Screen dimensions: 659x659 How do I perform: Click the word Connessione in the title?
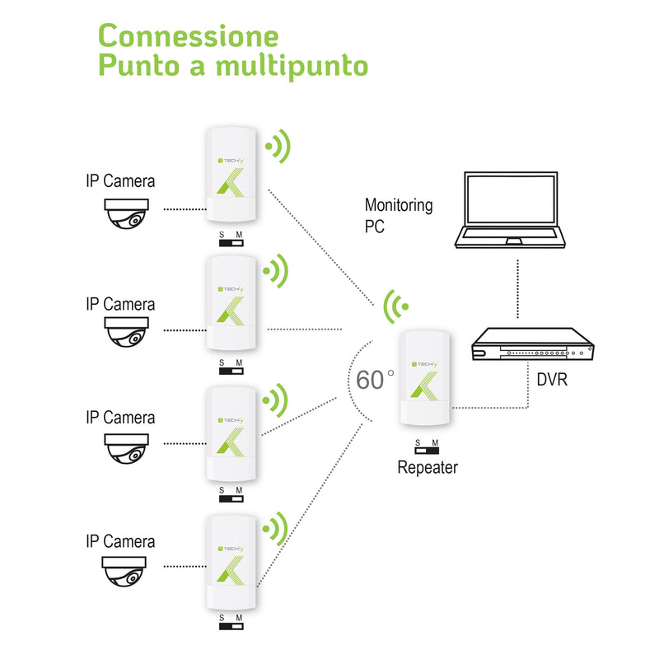tap(188, 36)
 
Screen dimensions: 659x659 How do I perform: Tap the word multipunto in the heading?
tap(292, 66)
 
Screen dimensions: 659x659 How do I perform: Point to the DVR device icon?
tap(532, 347)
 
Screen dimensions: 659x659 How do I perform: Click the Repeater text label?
tap(428, 469)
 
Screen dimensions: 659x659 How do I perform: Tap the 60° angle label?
tap(375, 380)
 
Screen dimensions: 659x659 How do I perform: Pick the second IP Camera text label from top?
tap(120, 304)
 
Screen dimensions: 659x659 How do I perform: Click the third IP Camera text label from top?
tap(120, 418)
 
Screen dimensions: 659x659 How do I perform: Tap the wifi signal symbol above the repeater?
tap(396, 308)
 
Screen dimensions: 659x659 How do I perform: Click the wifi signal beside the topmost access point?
tap(278, 148)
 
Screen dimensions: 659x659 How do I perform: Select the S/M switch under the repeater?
tap(427, 447)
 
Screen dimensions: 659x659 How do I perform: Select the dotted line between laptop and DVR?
tap(517, 287)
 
